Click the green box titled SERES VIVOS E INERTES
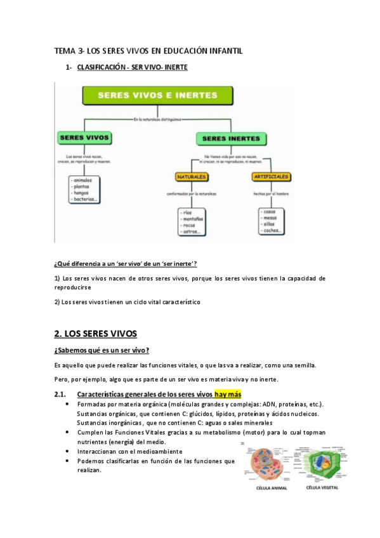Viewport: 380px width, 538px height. tap(157, 96)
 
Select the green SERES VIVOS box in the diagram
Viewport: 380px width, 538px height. tap(84, 137)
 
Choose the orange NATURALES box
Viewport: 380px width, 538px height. tap(192, 176)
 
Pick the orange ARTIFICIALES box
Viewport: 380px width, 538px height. tap(271, 176)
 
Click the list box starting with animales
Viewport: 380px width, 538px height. tap(86, 190)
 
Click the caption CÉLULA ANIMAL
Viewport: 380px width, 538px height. tap(270, 488)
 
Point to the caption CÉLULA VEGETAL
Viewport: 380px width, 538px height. tap(323, 488)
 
